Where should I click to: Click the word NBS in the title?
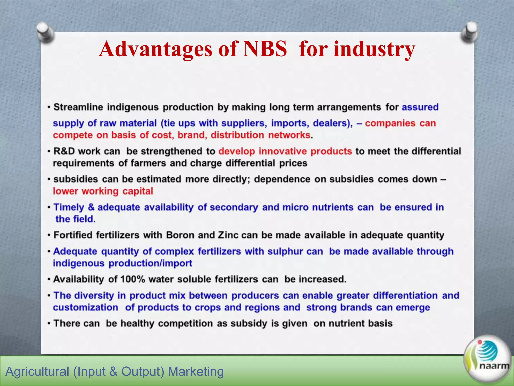[x=265, y=49]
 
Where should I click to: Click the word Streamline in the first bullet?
[x=78, y=107]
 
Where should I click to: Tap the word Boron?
[x=180, y=235]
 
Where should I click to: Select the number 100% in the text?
[x=133, y=279]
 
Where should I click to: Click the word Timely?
[x=69, y=207]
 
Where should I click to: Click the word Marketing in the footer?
[x=196, y=372]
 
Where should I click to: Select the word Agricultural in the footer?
[x=37, y=372]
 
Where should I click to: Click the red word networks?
[x=289, y=135]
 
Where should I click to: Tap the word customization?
[x=86, y=307]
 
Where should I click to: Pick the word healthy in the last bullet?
[x=137, y=323]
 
